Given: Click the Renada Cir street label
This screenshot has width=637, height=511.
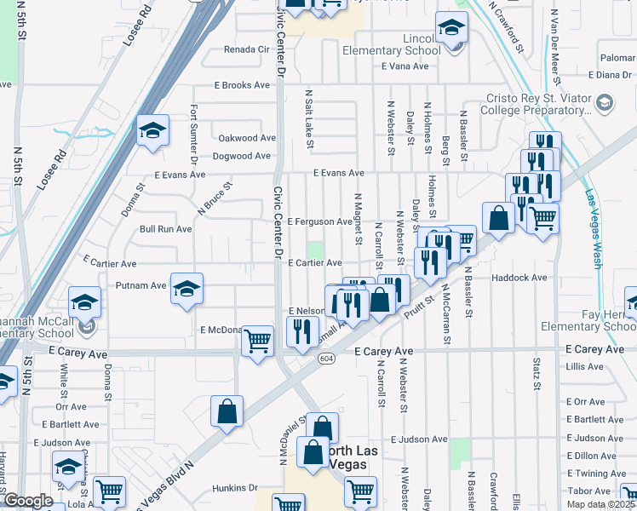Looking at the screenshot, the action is pyautogui.click(x=246, y=49).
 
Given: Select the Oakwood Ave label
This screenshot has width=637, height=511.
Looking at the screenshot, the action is pyautogui.click(x=247, y=138).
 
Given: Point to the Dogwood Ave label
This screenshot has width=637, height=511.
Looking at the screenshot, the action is pyautogui.click(x=244, y=156).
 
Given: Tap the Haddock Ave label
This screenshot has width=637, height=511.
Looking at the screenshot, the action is pyautogui.click(x=519, y=278).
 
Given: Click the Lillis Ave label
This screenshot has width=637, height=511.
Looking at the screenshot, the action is pyautogui.click(x=583, y=366).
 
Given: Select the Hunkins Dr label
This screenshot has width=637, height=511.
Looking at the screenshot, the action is pyautogui.click(x=235, y=488).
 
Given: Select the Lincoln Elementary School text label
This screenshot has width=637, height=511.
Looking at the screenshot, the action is pyautogui.click(x=391, y=44).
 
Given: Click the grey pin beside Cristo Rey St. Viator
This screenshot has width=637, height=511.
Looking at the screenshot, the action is pyautogui.click(x=604, y=103).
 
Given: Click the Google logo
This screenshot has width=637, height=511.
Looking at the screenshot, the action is pyautogui.click(x=28, y=501).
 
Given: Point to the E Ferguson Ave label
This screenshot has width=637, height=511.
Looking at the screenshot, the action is pyautogui.click(x=319, y=221).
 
